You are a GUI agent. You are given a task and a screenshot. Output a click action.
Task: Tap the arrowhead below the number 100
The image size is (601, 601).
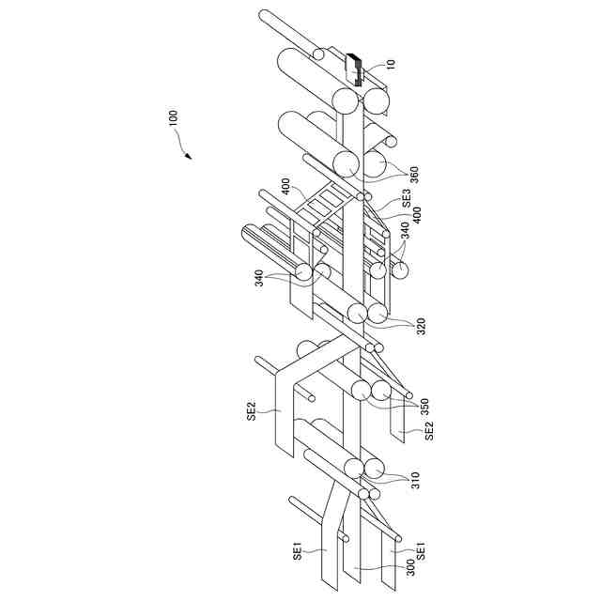coord(189,155)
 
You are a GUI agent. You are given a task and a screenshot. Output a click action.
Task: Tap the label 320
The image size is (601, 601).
coord(421,327)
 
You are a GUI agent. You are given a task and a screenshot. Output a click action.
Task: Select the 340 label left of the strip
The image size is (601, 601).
coord(258,277)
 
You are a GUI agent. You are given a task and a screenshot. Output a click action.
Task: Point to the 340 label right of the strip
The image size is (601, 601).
coord(405,232)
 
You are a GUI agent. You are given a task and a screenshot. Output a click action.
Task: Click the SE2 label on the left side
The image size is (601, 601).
coord(252,410)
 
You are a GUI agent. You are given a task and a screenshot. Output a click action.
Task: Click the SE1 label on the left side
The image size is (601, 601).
coord(297,549)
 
